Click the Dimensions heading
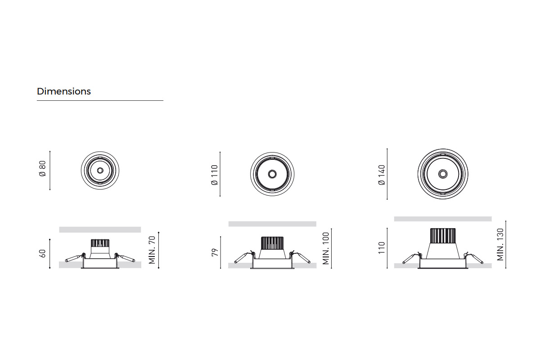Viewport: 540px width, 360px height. [x=64, y=91]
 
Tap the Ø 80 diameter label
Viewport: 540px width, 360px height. [x=42, y=169]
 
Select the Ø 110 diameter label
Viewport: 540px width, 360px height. [x=214, y=175]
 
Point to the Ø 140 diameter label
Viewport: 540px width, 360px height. [x=382, y=175]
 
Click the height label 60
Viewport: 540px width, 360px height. [x=42, y=253]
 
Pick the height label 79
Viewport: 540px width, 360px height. [x=214, y=252]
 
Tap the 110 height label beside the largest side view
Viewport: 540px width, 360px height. [x=382, y=247]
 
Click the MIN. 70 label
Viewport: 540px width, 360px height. [x=152, y=250]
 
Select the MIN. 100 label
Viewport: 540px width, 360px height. [x=325, y=248]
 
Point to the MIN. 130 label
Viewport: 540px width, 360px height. [x=500, y=244]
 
